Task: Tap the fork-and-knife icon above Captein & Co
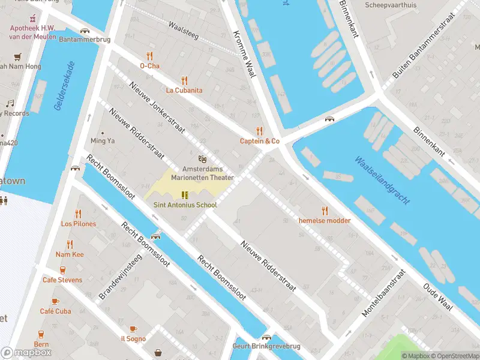point(259,131)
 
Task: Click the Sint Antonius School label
point(185,205)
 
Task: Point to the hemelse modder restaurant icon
point(325,210)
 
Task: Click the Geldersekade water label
point(64,86)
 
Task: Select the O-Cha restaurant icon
point(150,56)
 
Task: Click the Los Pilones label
point(78,224)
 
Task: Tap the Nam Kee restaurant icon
point(70,244)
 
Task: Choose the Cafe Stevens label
point(62,280)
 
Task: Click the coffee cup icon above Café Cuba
point(55,301)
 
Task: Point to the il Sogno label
point(133,338)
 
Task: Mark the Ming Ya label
point(102,141)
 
